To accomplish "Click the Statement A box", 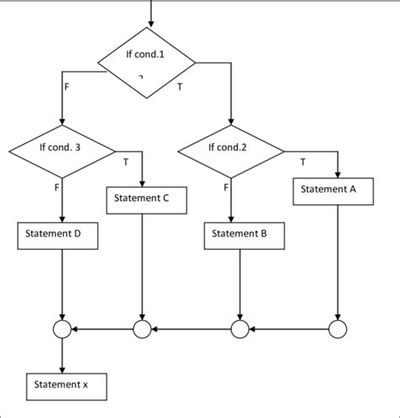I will pos(336,190).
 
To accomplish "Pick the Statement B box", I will pos(240,235).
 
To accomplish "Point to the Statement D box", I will pos(58,235).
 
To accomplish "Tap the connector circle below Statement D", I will pos(62,329).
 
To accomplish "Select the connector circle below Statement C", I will pos(142,329).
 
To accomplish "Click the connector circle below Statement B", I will pos(241,329).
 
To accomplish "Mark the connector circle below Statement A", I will pos(338,329).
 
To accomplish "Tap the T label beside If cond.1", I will pos(180,86).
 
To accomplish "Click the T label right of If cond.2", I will pos(302,160).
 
